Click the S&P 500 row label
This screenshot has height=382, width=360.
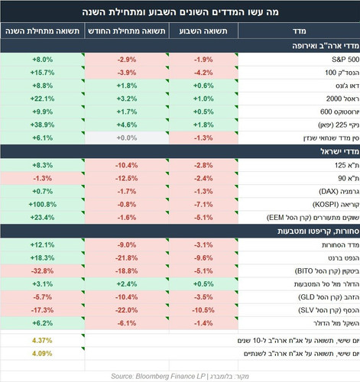point(345,60)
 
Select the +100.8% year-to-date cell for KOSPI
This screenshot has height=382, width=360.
point(43,205)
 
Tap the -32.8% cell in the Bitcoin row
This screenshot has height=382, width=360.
point(42,271)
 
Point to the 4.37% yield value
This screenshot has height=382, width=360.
point(42,341)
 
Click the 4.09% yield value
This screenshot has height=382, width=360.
point(42,354)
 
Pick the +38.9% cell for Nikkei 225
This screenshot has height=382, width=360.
point(42,125)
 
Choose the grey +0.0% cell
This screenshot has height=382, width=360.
point(127,138)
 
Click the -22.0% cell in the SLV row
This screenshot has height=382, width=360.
point(127,310)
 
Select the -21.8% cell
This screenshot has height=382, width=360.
point(127,258)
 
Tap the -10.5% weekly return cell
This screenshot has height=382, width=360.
point(203,310)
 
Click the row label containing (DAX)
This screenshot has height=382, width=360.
point(339,192)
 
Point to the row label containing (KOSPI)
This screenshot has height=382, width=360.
point(336,205)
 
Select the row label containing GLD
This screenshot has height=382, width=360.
point(329,297)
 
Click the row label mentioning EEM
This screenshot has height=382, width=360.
point(313,218)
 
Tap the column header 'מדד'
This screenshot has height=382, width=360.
point(299,31)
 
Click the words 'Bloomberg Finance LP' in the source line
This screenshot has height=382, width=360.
point(170,376)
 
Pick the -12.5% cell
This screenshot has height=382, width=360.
point(127,178)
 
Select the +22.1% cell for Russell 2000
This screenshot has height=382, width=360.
point(42,99)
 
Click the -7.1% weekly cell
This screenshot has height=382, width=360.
point(203,205)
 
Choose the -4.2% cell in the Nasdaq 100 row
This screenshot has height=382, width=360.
point(203,73)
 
